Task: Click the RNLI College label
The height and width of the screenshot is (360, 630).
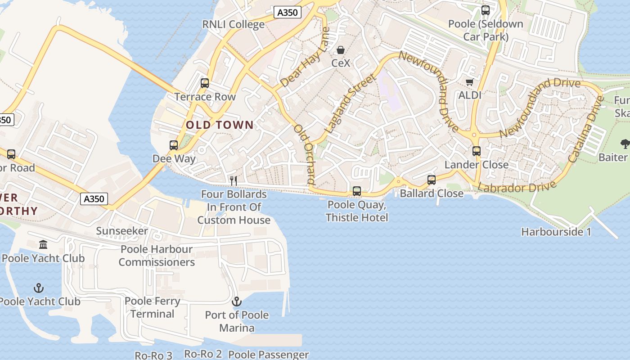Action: click(233, 24)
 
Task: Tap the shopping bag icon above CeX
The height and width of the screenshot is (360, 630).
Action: click(341, 50)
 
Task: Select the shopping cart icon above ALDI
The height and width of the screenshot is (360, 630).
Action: click(469, 82)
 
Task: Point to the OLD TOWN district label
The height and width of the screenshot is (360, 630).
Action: click(220, 125)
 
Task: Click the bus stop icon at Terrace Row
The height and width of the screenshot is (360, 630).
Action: click(205, 83)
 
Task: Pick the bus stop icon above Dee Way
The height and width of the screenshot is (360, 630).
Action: click(174, 145)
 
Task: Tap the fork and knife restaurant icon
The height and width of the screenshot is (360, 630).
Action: click(234, 181)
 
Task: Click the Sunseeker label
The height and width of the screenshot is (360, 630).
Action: click(122, 231)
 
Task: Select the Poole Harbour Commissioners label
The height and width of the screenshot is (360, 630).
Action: click(157, 256)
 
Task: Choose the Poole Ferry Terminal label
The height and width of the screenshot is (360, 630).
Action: click(153, 307)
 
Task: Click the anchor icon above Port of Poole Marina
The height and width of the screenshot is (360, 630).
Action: click(237, 301)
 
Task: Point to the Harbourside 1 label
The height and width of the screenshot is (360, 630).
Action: click(556, 232)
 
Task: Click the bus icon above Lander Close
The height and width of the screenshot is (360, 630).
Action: click(477, 151)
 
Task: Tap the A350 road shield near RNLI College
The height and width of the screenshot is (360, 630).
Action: click(287, 13)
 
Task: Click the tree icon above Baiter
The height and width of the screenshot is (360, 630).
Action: click(625, 144)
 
